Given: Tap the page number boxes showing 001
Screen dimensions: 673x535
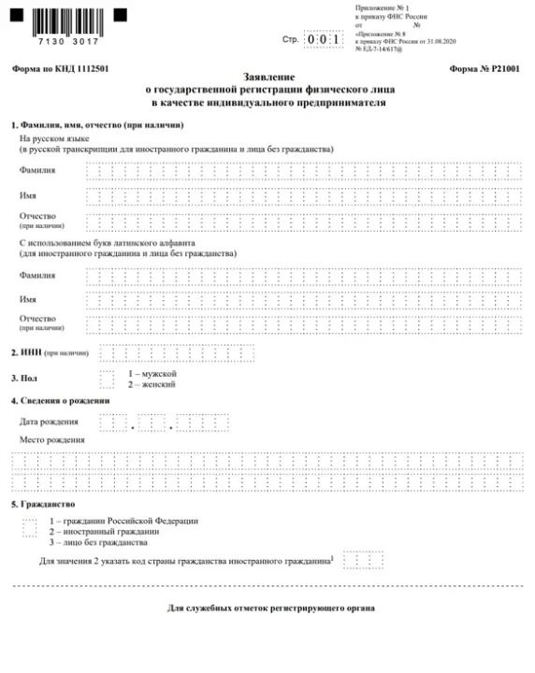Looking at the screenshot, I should pyautogui.click(x=325, y=40).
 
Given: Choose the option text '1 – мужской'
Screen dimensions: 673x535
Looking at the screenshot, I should pyautogui.click(x=152, y=373).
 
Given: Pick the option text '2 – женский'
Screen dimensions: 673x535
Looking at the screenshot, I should pyautogui.click(x=152, y=383).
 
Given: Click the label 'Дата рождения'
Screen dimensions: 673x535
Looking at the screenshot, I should pyautogui.click(x=49, y=422).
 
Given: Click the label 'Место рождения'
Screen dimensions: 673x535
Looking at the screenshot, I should pyautogui.click(x=51, y=439).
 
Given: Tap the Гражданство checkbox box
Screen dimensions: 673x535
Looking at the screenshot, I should pyautogui.click(x=30, y=527).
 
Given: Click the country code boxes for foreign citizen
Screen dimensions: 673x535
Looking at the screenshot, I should pyautogui.click(x=356, y=560).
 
